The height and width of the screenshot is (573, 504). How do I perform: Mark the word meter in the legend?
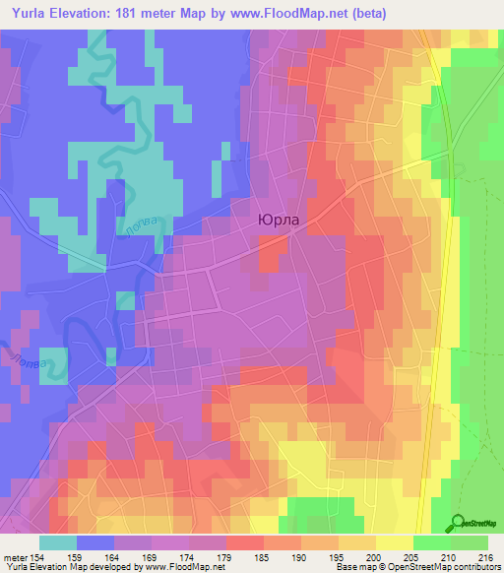(x=15, y=556)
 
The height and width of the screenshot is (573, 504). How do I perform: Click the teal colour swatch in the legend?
(x=58, y=542)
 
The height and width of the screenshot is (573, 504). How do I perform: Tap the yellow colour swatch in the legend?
(x=394, y=542)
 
